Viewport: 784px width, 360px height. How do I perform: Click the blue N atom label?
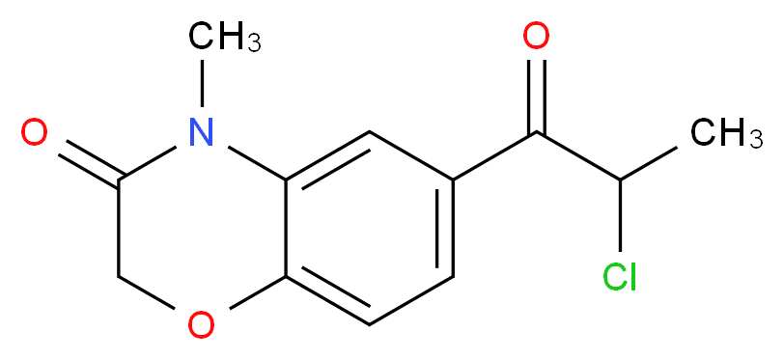tap(200, 132)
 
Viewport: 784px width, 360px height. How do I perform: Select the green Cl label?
tap(619, 278)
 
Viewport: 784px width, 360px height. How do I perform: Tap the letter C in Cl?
tap(612, 278)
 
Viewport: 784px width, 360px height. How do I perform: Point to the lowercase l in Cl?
tap(632, 278)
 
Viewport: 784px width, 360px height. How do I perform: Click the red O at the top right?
tap(535, 38)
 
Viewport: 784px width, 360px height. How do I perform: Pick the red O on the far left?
tap(34, 132)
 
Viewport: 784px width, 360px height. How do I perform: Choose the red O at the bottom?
tap(200, 325)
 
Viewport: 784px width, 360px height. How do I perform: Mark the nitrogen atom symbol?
tap(200, 132)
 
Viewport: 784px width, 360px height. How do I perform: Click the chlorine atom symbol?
tap(619, 278)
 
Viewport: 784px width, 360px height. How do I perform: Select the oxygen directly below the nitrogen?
tap(200, 325)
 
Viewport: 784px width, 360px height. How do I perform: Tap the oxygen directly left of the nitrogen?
tap(34, 132)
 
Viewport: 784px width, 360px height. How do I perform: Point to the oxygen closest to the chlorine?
tap(535, 38)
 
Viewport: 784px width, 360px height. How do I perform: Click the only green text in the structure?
tap(619, 278)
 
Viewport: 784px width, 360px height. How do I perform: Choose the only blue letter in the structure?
tap(200, 132)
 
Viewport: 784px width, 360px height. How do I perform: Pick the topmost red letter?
tap(535, 38)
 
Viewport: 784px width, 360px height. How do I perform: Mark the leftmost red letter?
tap(34, 132)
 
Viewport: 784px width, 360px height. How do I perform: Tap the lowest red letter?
tap(200, 325)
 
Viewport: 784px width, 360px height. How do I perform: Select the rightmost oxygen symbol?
tap(535, 38)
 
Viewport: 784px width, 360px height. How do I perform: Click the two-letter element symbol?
tap(619, 278)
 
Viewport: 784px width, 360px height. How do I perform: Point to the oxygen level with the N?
tap(34, 132)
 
